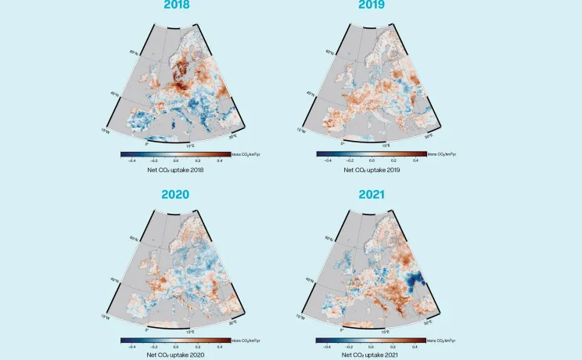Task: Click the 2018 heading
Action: click(176, 5)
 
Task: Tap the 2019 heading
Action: click(371, 5)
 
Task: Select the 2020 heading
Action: click(176, 194)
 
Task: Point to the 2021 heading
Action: click(371, 194)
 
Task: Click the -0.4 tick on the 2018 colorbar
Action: click(131, 160)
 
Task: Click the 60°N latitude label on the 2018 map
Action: click(134, 53)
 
